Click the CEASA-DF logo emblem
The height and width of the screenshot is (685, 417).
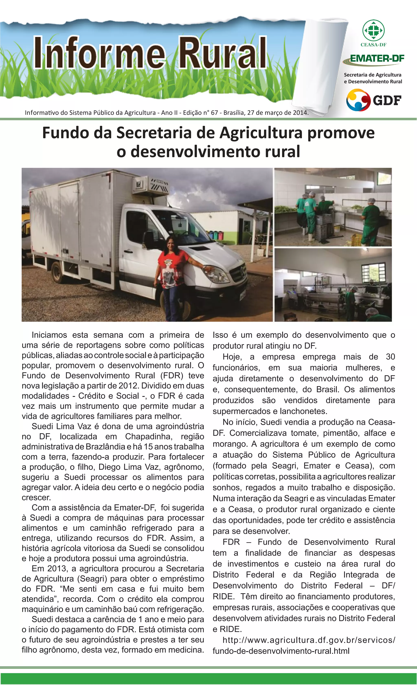click(373, 30)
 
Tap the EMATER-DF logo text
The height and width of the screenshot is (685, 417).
click(377, 58)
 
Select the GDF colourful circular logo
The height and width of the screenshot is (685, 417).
click(358, 100)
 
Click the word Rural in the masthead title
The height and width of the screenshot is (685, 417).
click(222, 53)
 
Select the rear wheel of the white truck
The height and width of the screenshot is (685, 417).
click(58, 272)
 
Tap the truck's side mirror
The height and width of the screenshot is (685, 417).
click(149, 239)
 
